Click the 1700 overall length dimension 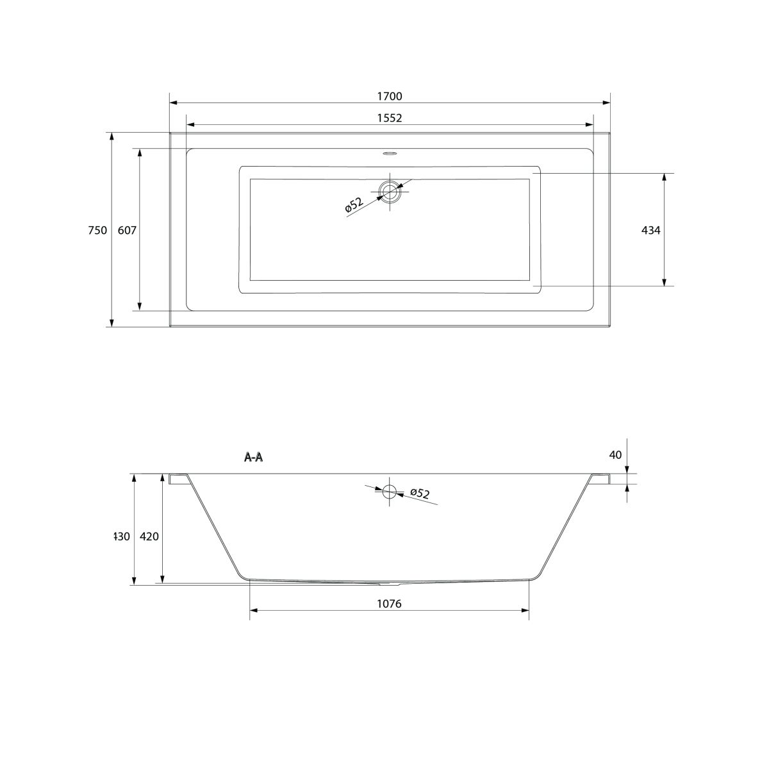[x=390, y=96]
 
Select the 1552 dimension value [x=390, y=118]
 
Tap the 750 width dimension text [x=97, y=230]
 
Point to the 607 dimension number [x=127, y=230]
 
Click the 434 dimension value [x=651, y=230]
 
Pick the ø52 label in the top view [x=354, y=204]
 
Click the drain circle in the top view [x=390, y=191]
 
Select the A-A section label [x=253, y=458]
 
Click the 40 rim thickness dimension [x=616, y=454]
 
